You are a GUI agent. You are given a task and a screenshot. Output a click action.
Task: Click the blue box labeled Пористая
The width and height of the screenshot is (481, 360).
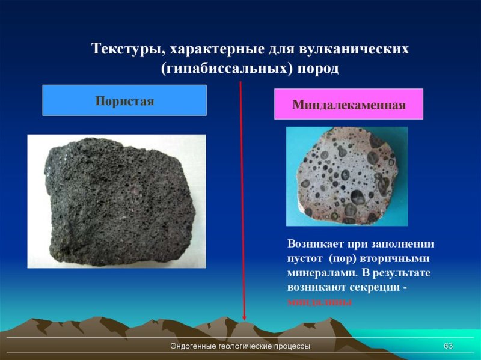tap(124, 100)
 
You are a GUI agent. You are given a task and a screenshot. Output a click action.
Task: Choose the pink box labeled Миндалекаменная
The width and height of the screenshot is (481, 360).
tap(349, 105)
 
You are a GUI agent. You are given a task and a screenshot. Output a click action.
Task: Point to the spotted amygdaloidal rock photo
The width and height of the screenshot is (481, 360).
tap(346, 176)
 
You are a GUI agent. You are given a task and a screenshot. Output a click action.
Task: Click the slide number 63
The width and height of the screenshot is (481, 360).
tap(448, 346)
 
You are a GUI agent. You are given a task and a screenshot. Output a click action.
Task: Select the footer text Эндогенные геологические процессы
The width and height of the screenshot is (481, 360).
tap(240, 347)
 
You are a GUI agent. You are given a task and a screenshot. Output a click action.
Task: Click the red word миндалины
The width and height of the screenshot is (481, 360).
tap(319, 302)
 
